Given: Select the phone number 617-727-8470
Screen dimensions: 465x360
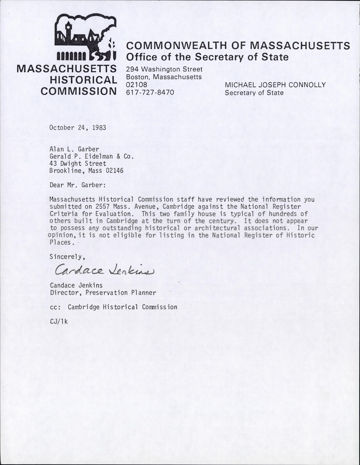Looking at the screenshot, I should tap(150, 92).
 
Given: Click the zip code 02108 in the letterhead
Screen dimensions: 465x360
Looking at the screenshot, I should tap(137, 84).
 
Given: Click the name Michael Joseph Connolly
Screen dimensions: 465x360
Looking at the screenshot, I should tap(275, 85).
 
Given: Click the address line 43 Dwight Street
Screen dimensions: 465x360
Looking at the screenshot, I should tap(78, 164).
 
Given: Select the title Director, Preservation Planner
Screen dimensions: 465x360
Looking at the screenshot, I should tap(103, 293).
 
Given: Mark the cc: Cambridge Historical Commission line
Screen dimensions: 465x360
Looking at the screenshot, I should tap(113, 307).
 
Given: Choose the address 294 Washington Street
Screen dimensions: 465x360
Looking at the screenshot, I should tap(164, 69).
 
